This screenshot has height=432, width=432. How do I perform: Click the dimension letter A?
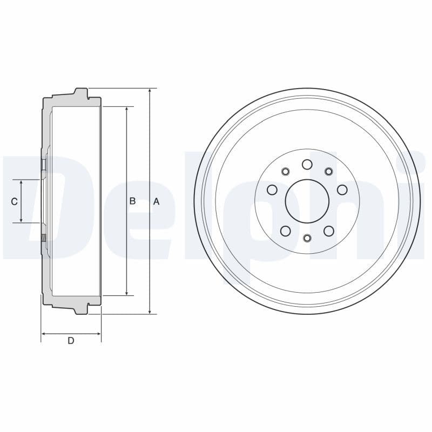157,201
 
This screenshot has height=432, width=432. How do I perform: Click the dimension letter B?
132,201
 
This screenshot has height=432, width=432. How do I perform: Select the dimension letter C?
14,201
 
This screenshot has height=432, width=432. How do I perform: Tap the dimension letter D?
71,341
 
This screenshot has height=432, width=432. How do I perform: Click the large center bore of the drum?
307,201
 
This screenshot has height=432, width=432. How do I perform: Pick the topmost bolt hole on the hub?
307,164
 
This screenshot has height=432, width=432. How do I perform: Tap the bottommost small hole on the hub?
307,238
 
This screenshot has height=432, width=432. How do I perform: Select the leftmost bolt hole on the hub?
272,190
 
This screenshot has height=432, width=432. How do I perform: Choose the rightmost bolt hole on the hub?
342,190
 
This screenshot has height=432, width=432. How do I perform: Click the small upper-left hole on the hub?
286,172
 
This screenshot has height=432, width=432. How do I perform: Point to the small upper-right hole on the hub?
328,172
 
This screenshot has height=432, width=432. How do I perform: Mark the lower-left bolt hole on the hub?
286,231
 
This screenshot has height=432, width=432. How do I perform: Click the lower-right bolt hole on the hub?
328,231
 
